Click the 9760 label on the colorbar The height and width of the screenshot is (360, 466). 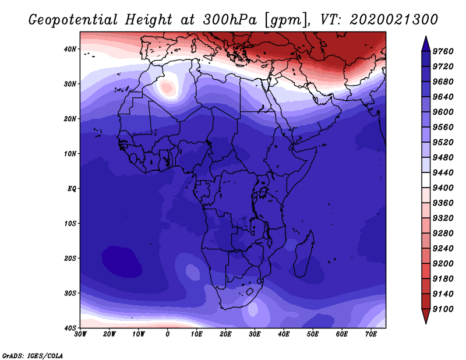(443, 51)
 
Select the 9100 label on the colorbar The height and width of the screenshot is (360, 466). (443, 309)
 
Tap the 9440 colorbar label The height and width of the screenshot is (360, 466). (443, 172)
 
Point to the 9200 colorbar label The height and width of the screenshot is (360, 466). (443, 264)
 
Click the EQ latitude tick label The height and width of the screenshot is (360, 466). (72, 189)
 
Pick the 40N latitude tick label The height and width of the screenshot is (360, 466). (70, 49)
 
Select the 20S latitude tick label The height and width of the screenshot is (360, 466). (70, 258)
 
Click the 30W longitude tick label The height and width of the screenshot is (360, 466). (80, 334)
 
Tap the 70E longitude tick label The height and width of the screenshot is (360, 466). (370, 334)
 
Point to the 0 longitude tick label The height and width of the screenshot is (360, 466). (168, 334)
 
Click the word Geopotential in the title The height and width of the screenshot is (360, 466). (73, 20)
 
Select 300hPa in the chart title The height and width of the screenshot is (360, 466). (230, 20)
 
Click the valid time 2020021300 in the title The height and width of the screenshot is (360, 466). (394, 20)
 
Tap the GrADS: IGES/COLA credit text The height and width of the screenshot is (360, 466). (33, 356)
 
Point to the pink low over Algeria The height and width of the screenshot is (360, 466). (167, 88)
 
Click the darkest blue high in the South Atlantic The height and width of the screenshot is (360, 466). (122, 262)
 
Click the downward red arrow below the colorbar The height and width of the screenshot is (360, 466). (426, 316)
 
